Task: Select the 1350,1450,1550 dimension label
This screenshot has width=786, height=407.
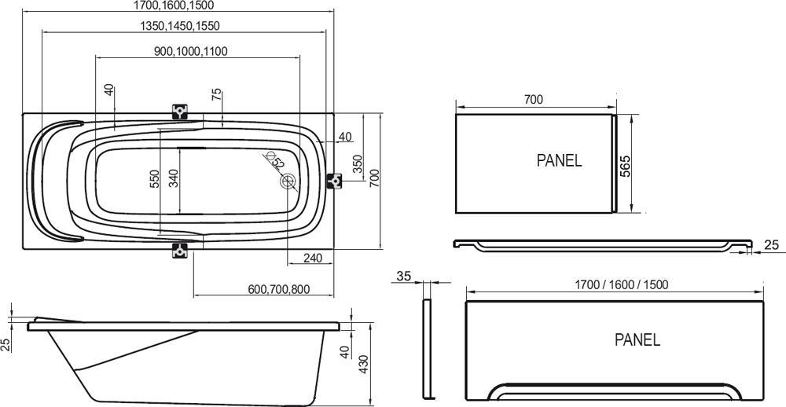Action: (x=180, y=26)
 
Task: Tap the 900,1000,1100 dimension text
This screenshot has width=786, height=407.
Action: (x=191, y=51)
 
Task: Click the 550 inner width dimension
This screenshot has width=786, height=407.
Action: (x=155, y=178)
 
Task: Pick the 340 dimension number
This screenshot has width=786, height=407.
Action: (x=174, y=178)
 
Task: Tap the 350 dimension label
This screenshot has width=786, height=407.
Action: (x=358, y=164)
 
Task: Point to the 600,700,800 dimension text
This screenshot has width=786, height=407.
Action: (x=278, y=289)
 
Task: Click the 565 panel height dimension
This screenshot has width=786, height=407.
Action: (x=626, y=167)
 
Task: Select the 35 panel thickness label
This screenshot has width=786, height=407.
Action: (x=404, y=276)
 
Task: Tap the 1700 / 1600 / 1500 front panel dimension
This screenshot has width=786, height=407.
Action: (x=612, y=284)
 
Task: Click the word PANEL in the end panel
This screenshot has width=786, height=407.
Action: (x=559, y=160)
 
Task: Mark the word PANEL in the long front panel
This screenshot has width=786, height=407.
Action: (x=637, y=340)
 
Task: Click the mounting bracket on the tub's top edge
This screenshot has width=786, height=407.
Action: (x=180, y=112)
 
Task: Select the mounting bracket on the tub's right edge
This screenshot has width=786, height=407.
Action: (x=335, y=181)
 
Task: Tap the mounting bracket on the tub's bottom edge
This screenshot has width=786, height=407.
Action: (x=180, y=251)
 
